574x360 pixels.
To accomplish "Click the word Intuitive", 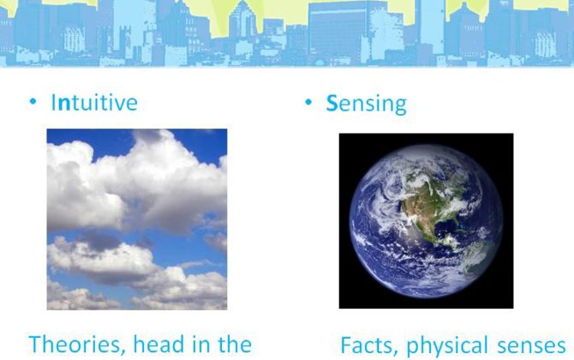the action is coord(94,102).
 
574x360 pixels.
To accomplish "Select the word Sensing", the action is coord(366,104).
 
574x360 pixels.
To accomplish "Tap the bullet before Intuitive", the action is coord(33,101).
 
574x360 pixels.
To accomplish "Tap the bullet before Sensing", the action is coord(308,102).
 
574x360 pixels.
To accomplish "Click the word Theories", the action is coord(75,345).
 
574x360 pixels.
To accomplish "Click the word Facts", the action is coord(368,345).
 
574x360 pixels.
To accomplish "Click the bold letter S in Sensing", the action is coord(332,103).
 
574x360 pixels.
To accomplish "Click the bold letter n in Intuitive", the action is coord(64,104).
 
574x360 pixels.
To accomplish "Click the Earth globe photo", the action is coord(426,221).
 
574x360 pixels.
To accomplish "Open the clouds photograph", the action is coord(137,219).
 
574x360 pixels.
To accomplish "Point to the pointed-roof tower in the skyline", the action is coord(242,18).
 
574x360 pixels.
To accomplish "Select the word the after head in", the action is coord(235,344).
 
